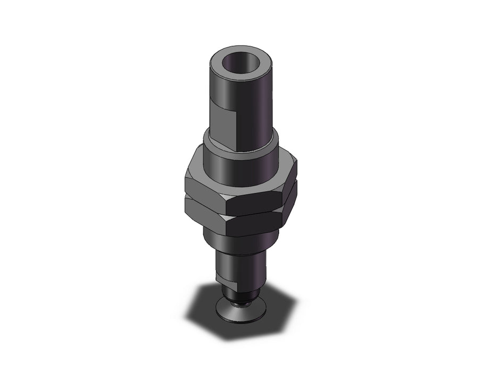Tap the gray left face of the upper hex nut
(205, 189)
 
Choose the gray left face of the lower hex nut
(205, 211)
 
